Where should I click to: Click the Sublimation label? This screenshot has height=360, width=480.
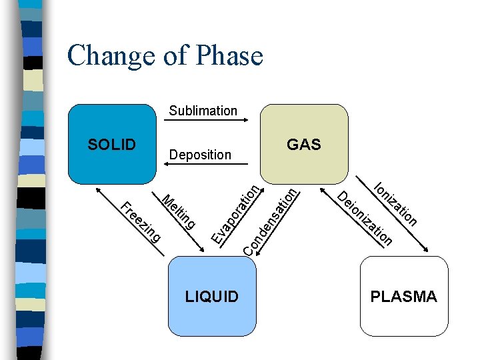coord(203,111)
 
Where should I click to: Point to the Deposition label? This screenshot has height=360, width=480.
coord(200,155)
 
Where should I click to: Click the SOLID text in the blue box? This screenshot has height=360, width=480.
coord(112,145)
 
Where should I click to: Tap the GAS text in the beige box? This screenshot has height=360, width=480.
coord(303,145)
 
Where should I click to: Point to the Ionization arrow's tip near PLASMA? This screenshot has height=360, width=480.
coord(429,253)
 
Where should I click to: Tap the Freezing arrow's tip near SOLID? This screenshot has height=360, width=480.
coord(99,187)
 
